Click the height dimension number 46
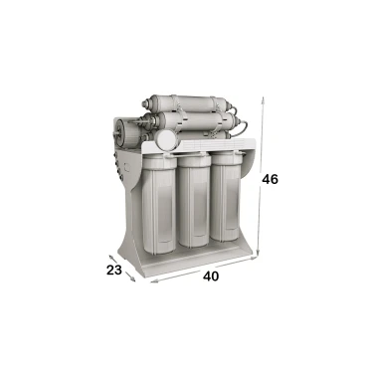pos(270,179)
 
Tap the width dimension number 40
pos(211,276)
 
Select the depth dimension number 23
pos(114,271)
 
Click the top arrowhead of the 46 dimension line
pos(263,99)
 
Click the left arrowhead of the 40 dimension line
pos(153,281)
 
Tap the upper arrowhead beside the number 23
pos(111,257)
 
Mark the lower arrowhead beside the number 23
pos(133,279)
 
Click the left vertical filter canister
pos(159,204)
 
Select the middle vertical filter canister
pos(194,201)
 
